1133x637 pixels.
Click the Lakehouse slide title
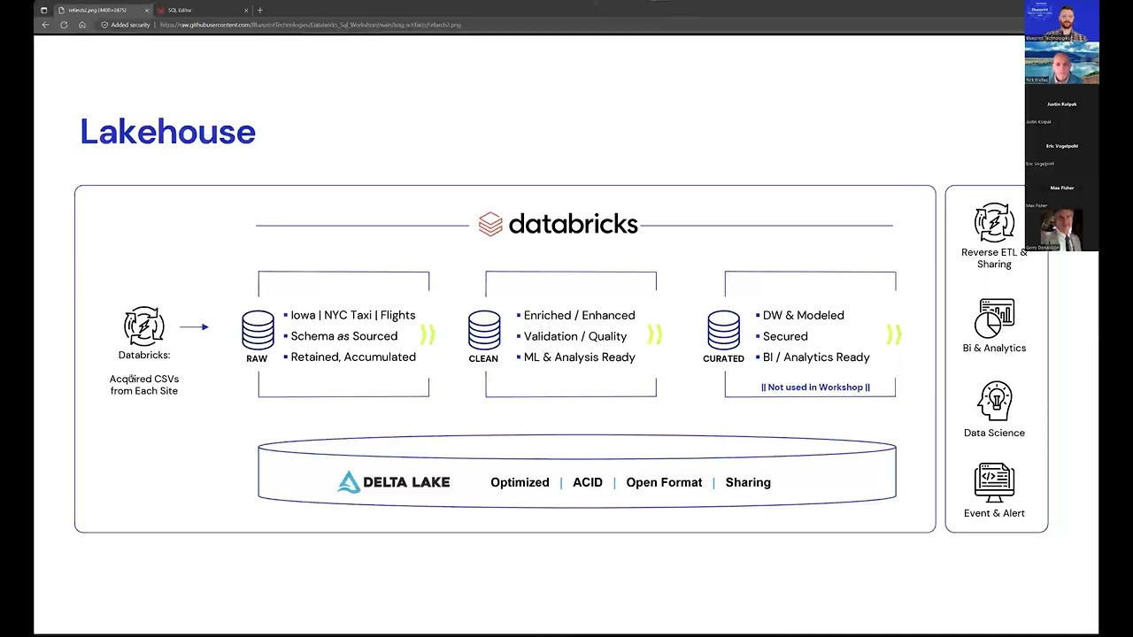click(x=167, y=132)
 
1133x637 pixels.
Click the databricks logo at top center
click(x=558, y=224)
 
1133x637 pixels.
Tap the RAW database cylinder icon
click(x=258, y=330)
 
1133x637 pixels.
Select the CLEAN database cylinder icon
click(x=484, y=330)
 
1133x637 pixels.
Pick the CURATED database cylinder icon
click(x=723, y=330)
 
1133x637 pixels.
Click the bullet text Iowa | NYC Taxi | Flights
click(x=352, y=315)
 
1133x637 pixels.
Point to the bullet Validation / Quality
click(x=574, y=336)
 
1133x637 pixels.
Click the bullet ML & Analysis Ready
click(x=579, y=357)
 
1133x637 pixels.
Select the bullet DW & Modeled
click(x=803, y=315)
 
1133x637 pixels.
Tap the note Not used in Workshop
click(x=815, y=388)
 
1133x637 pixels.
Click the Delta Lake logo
click(x=394, y=482)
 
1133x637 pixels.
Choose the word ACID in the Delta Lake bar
click(x=587, y=482)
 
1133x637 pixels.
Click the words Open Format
click(x=664, y=482)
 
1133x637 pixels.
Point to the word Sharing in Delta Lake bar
click(x=748, y=482)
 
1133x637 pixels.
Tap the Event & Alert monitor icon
click(x=994, y=482)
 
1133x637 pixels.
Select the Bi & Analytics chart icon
click(x=995, y=318)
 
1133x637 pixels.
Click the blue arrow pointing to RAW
click(x=194, y=327)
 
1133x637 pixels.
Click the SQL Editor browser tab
click(x=180, y=11)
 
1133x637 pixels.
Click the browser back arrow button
click(x=45, y=25)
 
